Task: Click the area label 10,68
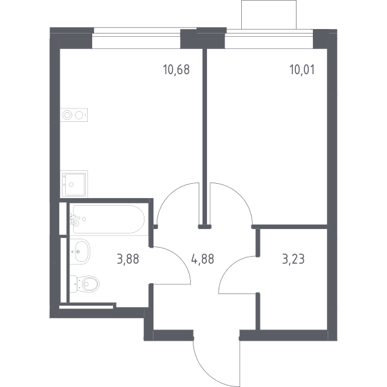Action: tap(176, 70)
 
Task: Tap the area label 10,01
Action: tap(302, 70)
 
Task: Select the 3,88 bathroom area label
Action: tap(128, 259)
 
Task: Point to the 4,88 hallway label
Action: tap(203, 259)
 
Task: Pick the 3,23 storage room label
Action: tap(293, 259)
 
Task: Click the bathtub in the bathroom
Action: tap(108, 219)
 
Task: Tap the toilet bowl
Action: tap(85, 284)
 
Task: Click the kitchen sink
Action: tap(74, 184)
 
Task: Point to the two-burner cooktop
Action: tap(74, 115)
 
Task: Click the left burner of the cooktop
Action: tap(67, 115)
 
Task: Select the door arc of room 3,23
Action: tap(228, 268)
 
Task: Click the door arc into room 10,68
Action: tap(170, 195)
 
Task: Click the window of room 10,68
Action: tap(137, 39)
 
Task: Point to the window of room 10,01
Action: tap(269, 39)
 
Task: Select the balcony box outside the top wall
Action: tap(269, 15)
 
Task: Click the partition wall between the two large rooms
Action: tap(204, 137)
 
